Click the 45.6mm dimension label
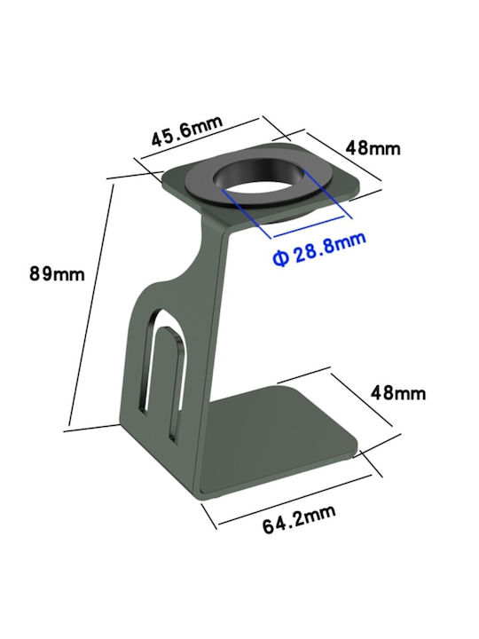click(187, 130)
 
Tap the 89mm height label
click(57, 273)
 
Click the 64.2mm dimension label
click(299, 519)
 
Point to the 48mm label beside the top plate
click(373, 148)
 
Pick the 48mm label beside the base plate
click(398, 393)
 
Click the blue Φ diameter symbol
click(280, 258)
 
